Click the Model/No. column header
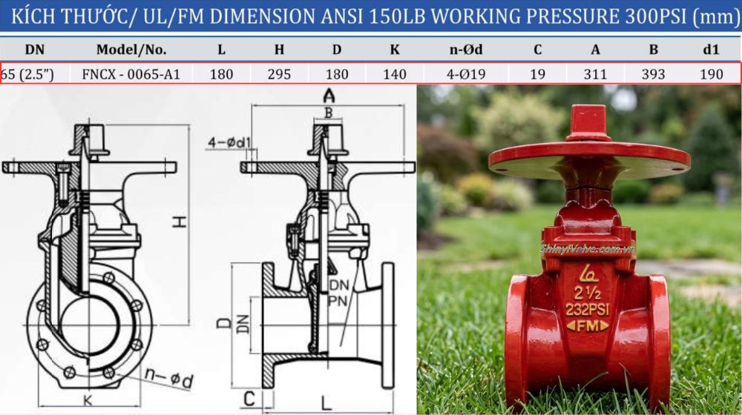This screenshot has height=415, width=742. point(131,50)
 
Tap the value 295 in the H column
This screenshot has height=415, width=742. point(279,74)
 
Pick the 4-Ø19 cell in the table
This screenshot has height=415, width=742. point(466,74)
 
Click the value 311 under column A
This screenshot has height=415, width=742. point(595,74)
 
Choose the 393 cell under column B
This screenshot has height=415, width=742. point(653,74)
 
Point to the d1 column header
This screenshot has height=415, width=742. point(711,50)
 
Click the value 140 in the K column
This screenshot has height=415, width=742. point(395,74)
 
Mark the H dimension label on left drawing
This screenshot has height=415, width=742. point(180,220)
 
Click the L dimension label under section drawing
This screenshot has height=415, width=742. point(326,402)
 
